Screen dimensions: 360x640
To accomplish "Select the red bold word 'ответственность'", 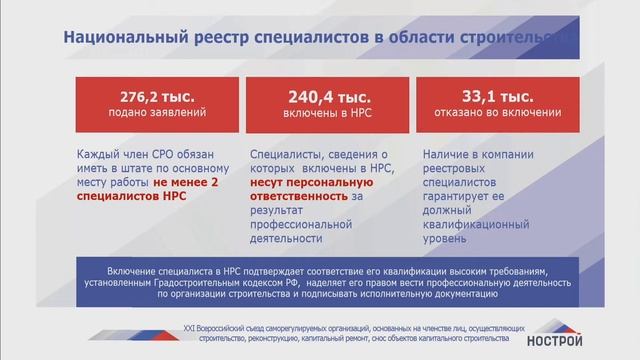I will [x=296, y=198].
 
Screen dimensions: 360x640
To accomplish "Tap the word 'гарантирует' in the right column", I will [x=463, y=198].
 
